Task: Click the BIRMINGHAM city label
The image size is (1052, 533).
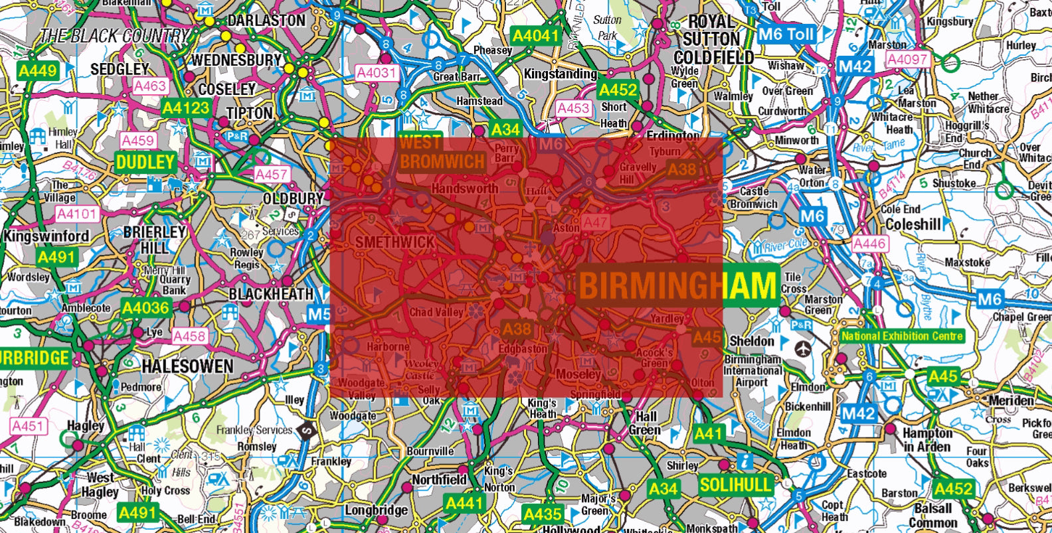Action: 678,285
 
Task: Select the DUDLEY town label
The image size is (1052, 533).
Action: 145,161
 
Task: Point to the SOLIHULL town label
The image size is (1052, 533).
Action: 736,484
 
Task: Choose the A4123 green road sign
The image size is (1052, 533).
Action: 186,108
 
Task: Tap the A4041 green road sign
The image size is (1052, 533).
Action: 535,35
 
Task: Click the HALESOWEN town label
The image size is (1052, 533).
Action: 187,366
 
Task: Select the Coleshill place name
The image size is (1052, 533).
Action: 913,224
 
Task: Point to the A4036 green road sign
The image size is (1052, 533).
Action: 145,308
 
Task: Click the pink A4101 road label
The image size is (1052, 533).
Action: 77,214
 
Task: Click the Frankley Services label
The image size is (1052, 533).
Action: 254,430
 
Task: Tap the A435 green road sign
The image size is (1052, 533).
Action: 542,514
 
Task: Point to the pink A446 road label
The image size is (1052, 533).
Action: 869,244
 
